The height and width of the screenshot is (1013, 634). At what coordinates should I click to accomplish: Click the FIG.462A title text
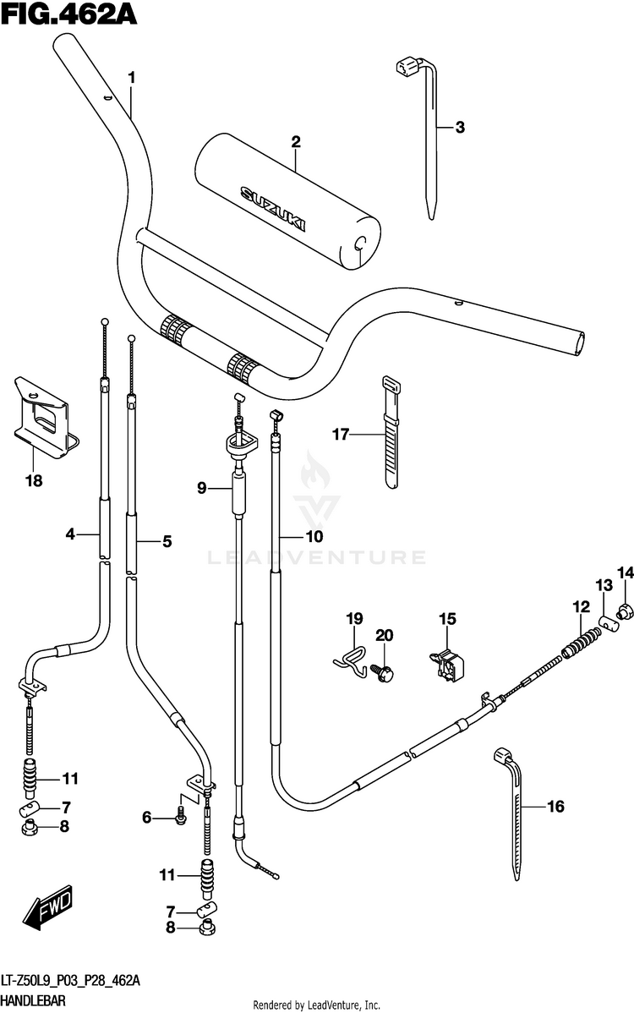coord(69,14)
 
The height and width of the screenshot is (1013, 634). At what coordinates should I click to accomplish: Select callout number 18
coord(34,480)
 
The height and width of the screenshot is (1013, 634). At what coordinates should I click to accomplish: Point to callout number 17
coord(340,434)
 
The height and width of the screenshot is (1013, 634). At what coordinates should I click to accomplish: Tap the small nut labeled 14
coord(624,610)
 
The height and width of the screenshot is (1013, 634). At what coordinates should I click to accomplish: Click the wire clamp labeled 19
coord(351,661)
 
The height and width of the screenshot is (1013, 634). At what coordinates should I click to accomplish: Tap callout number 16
coord(555,806)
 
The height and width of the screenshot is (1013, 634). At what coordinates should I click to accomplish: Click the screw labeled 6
coord(180,817)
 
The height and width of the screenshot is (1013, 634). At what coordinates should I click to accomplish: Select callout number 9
coord(202,489)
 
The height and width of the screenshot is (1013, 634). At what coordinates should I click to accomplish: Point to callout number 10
coord(314,536)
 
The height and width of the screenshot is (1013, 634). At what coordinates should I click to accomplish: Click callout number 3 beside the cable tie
coord(460,128)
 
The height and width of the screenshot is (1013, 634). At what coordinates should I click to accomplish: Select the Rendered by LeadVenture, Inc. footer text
coord(316,1005)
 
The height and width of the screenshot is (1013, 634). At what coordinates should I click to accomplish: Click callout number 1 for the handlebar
coord(132,78)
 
